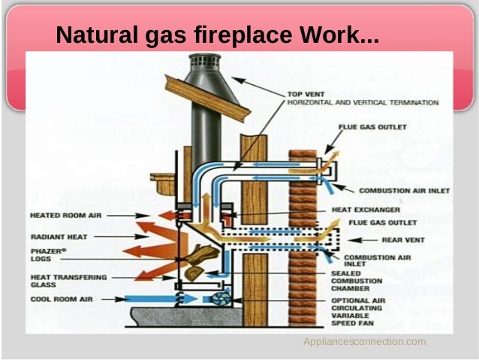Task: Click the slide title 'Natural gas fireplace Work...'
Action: click(x=218, y=35)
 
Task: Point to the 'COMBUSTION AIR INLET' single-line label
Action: click(x=404, y=191)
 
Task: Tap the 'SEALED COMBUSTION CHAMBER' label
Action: click(x=357, y=281)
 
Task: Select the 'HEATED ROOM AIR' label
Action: click(x=65, y=215)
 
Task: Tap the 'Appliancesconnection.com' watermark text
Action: click(x=364, y=342)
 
